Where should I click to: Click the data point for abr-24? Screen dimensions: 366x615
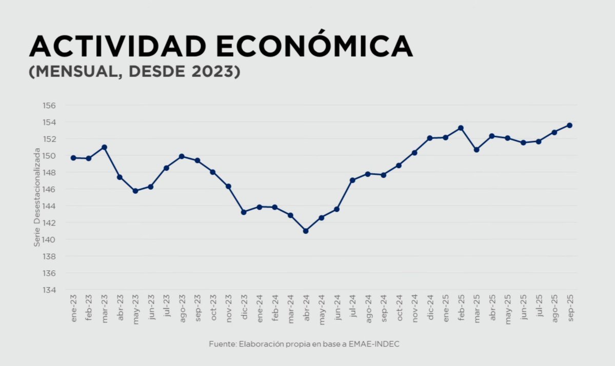(306, 231)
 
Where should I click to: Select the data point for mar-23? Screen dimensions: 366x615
(104, 147)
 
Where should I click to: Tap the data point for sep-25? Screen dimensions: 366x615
(569, 125)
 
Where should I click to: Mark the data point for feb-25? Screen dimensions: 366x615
(461, 128)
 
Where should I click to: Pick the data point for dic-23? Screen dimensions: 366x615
(244, 212)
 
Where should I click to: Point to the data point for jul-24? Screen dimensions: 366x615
(352, 180)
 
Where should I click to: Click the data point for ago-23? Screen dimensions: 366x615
(182, 156)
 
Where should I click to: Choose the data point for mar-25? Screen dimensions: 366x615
(477, 150)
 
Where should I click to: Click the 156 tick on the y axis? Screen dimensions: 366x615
(49, 105)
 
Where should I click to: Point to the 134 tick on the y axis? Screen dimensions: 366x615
(49, 290)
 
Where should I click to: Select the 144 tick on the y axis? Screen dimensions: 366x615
(49, 206)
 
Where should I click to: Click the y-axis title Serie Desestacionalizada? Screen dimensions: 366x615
(37, 198)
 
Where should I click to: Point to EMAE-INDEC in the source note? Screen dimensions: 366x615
(374, 344)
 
